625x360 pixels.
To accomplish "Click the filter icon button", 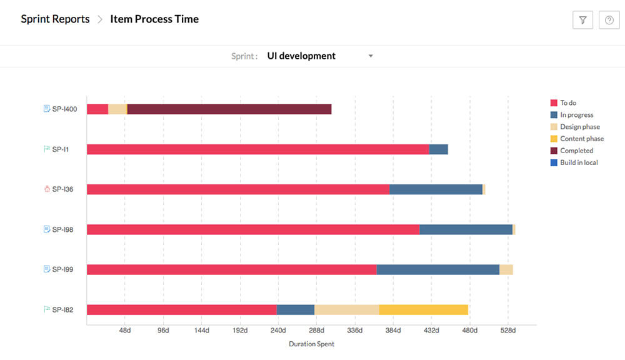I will [x=582, y=20].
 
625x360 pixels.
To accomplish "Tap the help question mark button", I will [x=609, y=20].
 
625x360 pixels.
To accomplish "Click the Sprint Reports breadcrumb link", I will [x=55, y=19].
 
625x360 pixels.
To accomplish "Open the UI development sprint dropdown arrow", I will [x=371, y=56].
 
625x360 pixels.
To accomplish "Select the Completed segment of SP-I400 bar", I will [x=229, y=109].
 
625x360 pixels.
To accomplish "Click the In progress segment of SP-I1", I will [x=439, y=149].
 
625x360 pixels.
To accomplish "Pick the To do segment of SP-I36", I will [x=237, y=189].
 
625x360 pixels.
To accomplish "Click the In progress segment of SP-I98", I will [x=466, y=229].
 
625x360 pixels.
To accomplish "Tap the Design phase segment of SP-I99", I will [x=506, y=269].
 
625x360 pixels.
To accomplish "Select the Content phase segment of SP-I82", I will [x=423, y=309].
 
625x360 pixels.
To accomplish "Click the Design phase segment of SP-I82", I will [x=346, y=309].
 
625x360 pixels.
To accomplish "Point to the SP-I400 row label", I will [x=64, y=109].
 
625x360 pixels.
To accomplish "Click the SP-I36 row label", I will [x=62, y=189].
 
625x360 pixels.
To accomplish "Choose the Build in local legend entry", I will [x=578, y=162].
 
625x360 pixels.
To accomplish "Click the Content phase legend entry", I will [x=581, y=139].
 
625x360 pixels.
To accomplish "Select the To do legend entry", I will [x=567, y=103].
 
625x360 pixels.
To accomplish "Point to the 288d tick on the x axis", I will [x=316, y=330].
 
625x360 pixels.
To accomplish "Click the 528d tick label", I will [x=507, y=330].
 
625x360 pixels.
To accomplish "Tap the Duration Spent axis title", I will [x=311, y=344].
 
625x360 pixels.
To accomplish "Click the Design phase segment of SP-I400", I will [x=117, y=109].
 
